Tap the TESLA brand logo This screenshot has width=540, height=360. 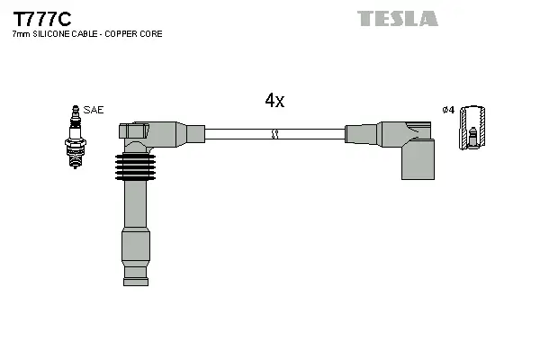[x=397, y=18]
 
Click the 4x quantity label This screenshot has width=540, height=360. [x=274, y=102]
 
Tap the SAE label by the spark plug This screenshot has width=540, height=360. [x=94, y=110]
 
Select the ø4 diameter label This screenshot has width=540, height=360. [x=447, y=110]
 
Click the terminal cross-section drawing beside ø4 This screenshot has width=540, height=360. [x=472, y=129]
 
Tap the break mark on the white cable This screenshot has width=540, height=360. [x=275, y=135]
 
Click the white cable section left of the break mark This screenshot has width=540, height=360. [x=238, y=135]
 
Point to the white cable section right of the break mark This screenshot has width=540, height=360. [x=310, y=135]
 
